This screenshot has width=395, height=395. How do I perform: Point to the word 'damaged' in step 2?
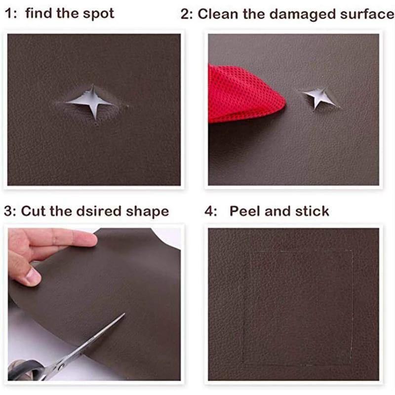(x=288, y=14)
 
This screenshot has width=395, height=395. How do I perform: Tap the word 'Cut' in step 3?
(x=33, y=212)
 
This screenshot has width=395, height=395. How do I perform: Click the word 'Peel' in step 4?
(x=245, y=211)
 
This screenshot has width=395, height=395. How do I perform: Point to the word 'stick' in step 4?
(x=311, y=211)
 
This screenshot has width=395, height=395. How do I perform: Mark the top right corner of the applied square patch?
(x=352, y=249)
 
